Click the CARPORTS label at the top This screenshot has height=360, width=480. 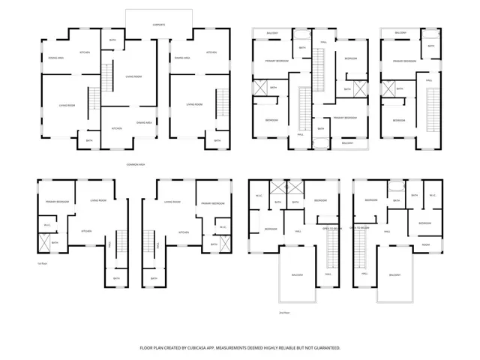[159, 25]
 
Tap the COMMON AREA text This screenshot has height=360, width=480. [136, 164]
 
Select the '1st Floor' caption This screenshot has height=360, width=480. [42, 264]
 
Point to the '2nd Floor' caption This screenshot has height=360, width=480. [283, 313]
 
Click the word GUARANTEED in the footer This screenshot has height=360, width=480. [325, 348]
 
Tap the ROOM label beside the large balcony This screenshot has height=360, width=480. [425, 245]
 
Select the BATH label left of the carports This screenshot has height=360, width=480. [112, 40]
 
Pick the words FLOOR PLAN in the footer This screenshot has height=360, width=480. [153, 348]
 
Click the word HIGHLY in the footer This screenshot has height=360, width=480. [279, 348]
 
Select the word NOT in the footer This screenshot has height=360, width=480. [310, 348]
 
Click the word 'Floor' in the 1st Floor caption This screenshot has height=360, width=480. [44, 264]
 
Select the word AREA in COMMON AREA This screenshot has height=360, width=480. [142, 164]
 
